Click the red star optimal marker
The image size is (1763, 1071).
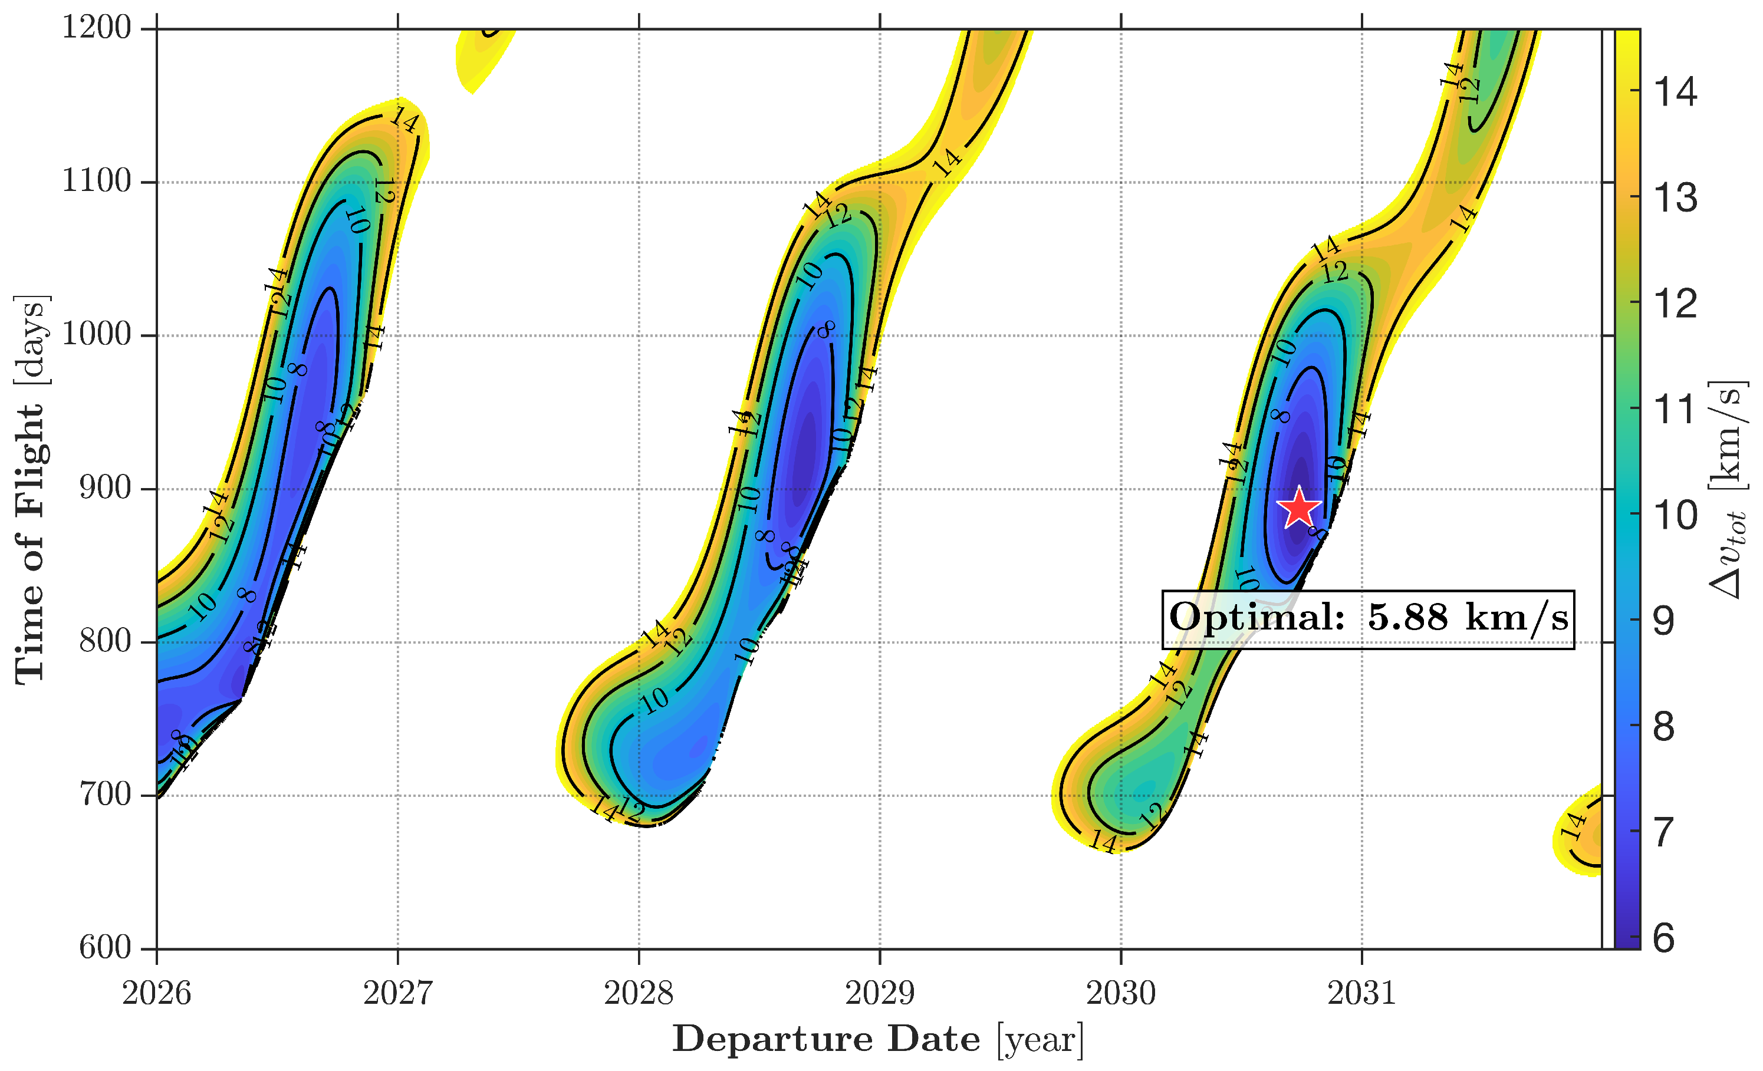tap(1298, 508)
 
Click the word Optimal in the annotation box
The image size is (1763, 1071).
tap(1257, 617)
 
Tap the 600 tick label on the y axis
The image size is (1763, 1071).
tap(105, 948)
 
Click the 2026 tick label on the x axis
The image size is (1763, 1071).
tap(156, 994)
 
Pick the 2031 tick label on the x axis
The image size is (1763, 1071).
tap(1361, 994)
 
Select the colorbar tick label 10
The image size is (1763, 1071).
tap(1675, 515)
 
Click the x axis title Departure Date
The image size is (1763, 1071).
tap(827, 1039)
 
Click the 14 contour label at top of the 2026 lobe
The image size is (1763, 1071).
tap(403, 120)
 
